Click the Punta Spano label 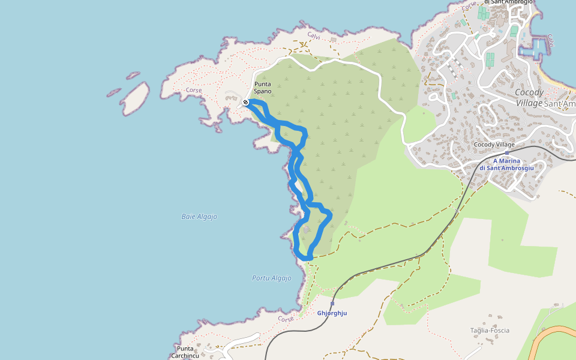click(263, 88)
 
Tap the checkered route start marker click(246, 102)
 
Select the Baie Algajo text click(199, 217)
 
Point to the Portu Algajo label click(271, 278)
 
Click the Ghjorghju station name click(332, 313)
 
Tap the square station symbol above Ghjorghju click(332, 304)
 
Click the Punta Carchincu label click(185, 352)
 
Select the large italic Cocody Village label click(529, 97)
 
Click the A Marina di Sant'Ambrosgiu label click(506, 164)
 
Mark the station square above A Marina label click(507, 153)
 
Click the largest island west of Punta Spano click(136, 98)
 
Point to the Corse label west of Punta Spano click(194, 90)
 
